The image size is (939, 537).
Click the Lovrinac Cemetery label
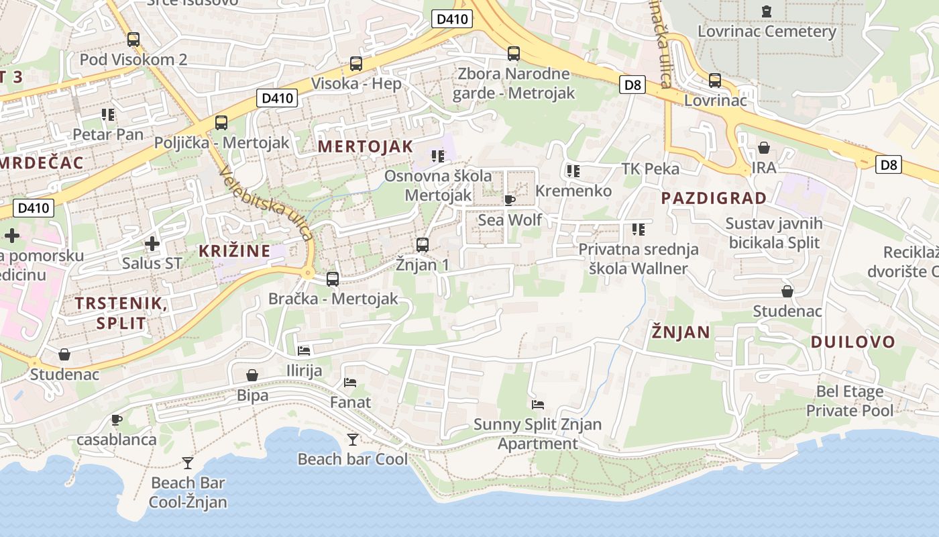(767, 32)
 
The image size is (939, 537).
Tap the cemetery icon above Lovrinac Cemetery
(767, 11)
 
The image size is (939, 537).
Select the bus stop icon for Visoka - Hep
(356, 64)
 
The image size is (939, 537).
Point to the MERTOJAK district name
(366, 146)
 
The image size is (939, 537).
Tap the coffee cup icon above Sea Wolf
(510, 200)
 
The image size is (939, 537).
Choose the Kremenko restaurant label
(573, 191)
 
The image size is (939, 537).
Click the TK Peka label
(650, 168)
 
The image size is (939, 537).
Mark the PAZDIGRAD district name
(714, 198)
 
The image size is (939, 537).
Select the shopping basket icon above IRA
(764, 148)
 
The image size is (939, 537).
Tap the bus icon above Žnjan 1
(423, 244)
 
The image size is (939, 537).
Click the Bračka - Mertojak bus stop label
(333, 299)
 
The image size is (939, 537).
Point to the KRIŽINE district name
(235, 251)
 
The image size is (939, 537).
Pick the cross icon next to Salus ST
(152, 243)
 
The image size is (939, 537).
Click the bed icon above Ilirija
(304, 351)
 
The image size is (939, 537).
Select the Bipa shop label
(252, 395)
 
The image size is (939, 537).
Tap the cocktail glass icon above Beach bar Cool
(353, 440)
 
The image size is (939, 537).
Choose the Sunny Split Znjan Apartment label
(537, 434)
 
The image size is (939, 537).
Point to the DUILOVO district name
(852, 342)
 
